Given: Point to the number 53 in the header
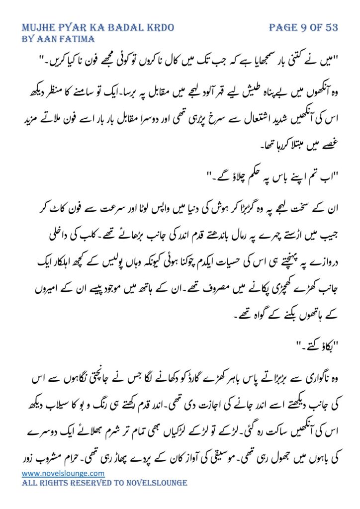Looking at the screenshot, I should (331, 27).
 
